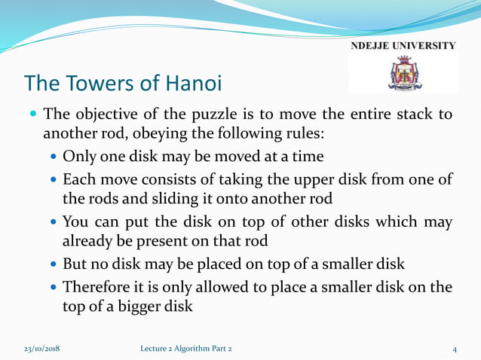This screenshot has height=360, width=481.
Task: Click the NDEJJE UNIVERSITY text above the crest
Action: click(x=403, y=45)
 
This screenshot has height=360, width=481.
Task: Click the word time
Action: click(x=308, y=157)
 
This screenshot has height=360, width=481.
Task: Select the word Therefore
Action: click(x=95, y=288)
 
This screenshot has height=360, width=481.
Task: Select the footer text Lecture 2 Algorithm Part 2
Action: click(x=186, y=349)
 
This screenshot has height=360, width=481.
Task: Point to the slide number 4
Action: click(x=455, y=349)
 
